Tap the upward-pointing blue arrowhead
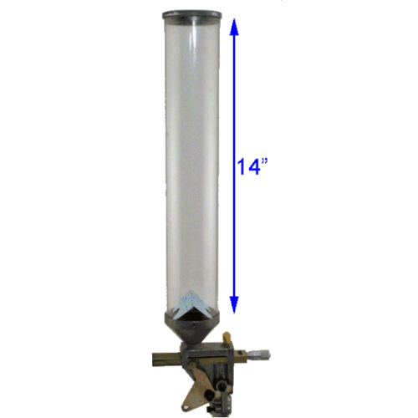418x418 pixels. point(235,31)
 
